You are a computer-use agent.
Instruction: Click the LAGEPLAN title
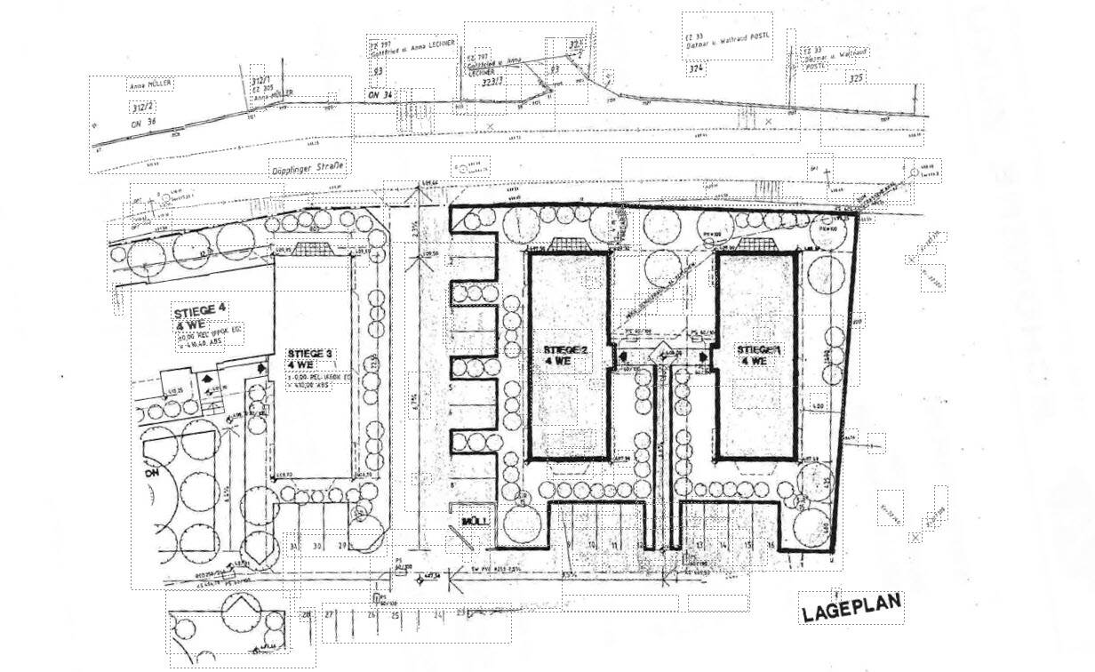851,609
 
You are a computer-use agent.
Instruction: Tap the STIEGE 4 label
200,310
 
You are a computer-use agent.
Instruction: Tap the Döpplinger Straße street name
308,166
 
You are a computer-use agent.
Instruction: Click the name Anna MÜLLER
149,86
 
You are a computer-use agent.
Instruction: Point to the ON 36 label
143,122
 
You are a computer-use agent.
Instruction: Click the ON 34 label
380,95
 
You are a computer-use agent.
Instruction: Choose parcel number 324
696,68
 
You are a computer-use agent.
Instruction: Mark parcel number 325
855,78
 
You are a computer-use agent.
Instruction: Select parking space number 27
328,614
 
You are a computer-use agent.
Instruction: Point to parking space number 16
771,544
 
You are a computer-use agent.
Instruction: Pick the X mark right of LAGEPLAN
915,538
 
